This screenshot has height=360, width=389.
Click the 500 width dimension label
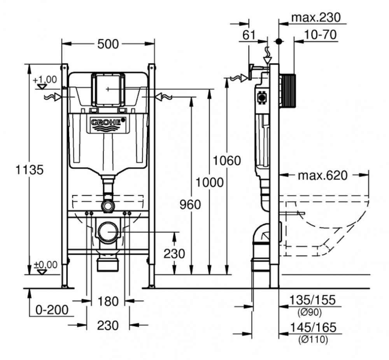click(108, 44)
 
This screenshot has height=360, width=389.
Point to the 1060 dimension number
click(228, 160)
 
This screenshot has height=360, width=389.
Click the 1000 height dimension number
click(210, 182)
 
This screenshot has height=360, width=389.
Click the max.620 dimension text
click(322, 176)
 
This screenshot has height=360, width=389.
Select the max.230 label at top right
click(316, 18)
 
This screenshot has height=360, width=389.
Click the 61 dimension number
click(249, 35)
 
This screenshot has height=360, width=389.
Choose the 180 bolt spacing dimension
click(108, 301)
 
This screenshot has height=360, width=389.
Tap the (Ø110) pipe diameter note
click(313, 340)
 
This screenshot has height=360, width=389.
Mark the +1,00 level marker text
click(45, 80)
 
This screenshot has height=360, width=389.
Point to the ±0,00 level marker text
click(45, 265)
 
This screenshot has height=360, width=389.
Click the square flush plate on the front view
click(108, 89)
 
